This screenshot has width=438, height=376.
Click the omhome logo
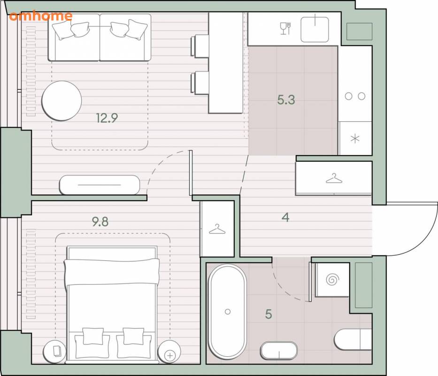pyautogui.click(x=40, y=16)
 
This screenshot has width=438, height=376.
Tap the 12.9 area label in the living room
pyautogui.click(x=107, y=118)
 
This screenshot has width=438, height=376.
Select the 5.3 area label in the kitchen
pyautogui.click(x=286, y=100)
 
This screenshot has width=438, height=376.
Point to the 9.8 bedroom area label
pyautogui.click(x=100, y=221)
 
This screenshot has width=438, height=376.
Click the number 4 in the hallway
pyautogui.click(x=285, y=217)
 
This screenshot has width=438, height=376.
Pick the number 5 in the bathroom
pyautogui.click(x=269, y=314)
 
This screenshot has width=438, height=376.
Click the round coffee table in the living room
pyautogui.click(x=61, y=101)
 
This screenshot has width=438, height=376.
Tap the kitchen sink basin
pyautogui.click(x=315, y=29)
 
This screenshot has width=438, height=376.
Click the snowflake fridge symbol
pyautogui.click(x=355, y=139)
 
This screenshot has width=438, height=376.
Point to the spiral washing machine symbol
pyautogui.click(x=332, y=279)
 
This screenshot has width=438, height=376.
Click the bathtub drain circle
pyautogui.click(x=228, y=311)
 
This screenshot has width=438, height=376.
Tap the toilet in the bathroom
pyautogui.click(x=353, y=339)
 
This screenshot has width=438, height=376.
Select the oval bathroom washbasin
pyautogui.click(x=279, y=351)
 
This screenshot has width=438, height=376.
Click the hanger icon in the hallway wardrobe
pyautogui.click(x=334, y=178)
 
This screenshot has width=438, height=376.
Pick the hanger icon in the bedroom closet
pyautogui.click(x=217, y=229)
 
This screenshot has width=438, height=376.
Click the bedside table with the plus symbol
pyautogui.click(x=169, y=352)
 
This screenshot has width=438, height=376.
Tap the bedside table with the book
pyautogui.click(x=55, y=352)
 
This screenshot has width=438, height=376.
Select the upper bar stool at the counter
pyautogui.click(x=200, y=46)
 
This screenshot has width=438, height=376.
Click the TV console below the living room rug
pyautogui.click(x=100, y=185)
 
